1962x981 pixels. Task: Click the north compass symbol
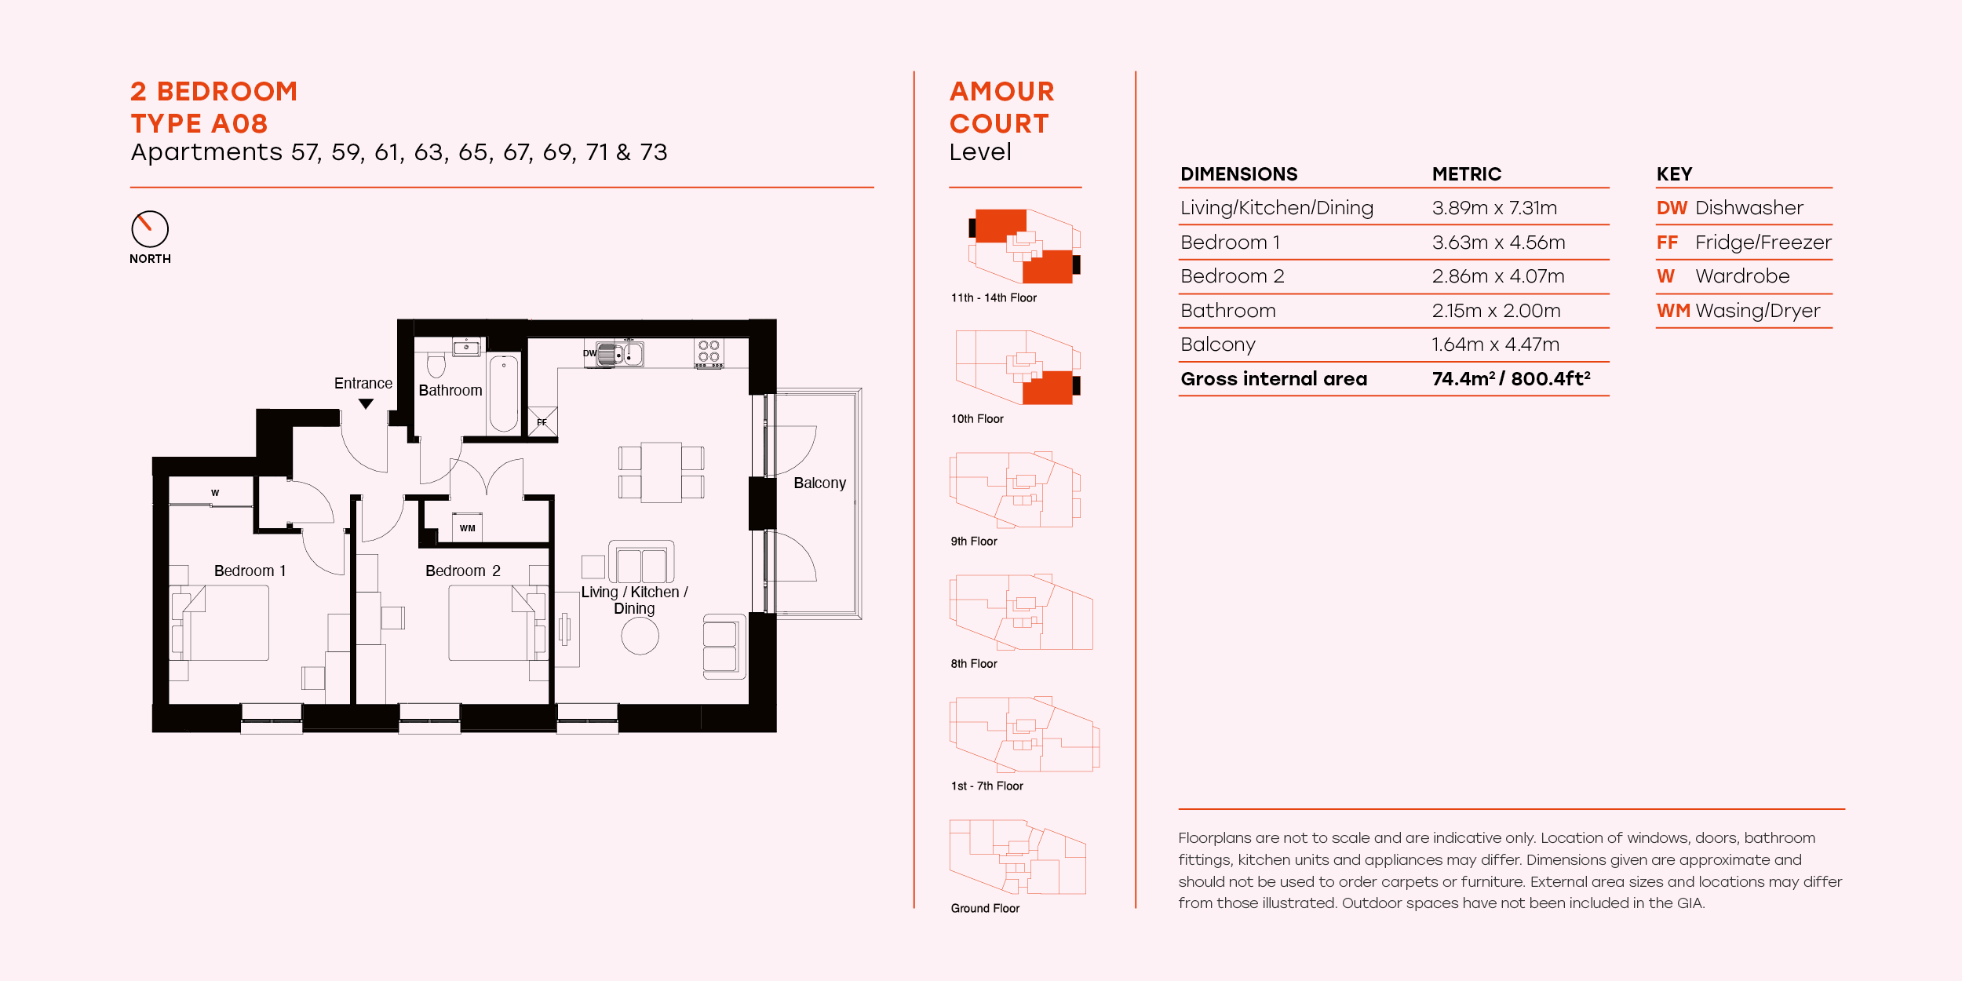click(x=150, y=229)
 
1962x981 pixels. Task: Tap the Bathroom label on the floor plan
click(x=450, y=390)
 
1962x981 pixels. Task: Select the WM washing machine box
click(x=468, y=527)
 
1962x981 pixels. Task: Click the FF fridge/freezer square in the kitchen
click(x=542, y=421)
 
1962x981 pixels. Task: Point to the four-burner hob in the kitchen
click(x=709, y=353)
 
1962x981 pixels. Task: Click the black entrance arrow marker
click(x=366, y=404)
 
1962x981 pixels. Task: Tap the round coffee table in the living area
click(x=640, y=636)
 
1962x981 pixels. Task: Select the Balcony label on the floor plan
click(x=819, y=483)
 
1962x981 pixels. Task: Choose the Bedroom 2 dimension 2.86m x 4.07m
click(x=1497, y=276)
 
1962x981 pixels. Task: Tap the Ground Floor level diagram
click(x=1017, y=857)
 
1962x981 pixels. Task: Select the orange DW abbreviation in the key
click(x=1672, y=208)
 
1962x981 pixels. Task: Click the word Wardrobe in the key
click(x=1742, y=276)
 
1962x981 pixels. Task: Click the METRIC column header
click(x=1466, y=174)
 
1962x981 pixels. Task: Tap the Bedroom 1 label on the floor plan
click(x=250, y=571)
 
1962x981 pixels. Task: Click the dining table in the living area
click(x=661, y=472)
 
